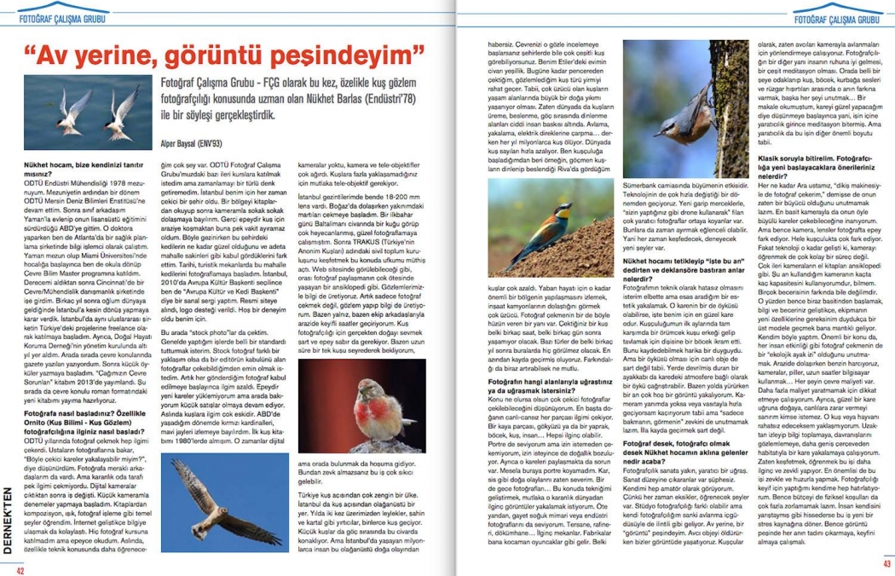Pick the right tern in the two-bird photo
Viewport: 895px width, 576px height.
pos(124,115)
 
